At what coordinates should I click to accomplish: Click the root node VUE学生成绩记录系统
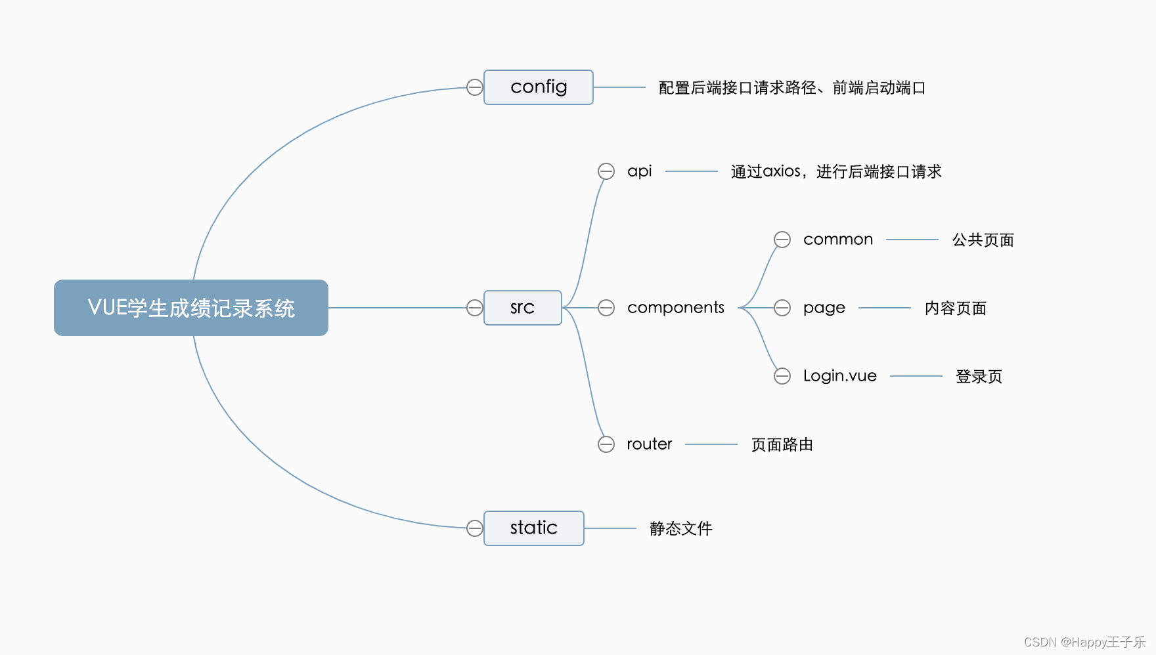pyautogui.click(x=190, y=308)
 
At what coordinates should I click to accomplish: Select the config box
pyautogui.click(x=539, y=87)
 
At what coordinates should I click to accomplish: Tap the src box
pyautogui.click(x=522, y=308)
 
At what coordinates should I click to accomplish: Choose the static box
pyautogui.click(x=533, y=528)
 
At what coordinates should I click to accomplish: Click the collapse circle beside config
pyautogui.click(x=474, y=87)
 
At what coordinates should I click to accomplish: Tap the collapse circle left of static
pyautogui.click(x=474, y=528)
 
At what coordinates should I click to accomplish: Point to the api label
pyautogui.click(x=639, y=171)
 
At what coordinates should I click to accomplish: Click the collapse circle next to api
pyautogui.click(x=606, y=171)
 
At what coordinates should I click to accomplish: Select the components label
pyautogui.click(x=675, y=308)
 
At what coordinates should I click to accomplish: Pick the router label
pyautogui.click(x=649, y=444)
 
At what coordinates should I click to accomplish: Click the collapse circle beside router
pyautogui.click(x=606, y=444)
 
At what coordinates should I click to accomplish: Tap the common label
pyautogui.click(x=838, y=240)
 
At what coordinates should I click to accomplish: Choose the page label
pyautogui.click(x=824, y=308)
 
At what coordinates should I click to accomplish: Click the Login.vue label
pyautogui.click(x=839, y=376)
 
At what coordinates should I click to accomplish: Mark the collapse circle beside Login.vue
pyautogui.click(x=782, y=376)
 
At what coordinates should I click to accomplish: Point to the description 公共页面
pyautogui.click(x=983, y=240)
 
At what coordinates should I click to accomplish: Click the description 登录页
pyautogui.click(x=979, y=377)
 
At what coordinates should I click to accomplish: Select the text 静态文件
pyautogui.click(x=680, y=529)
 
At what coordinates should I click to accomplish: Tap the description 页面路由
pyautogui.click(x=782, y=445)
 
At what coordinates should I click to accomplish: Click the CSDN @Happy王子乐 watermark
pyautogui.click(x=1084, y=642)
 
